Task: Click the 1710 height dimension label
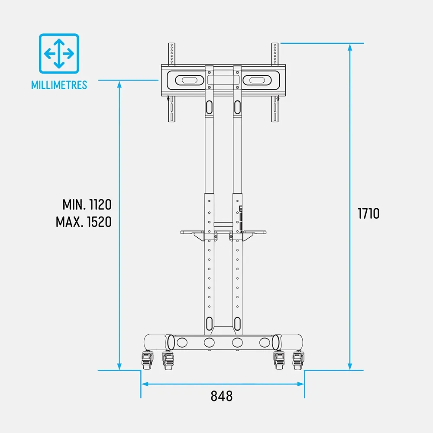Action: point(368,213)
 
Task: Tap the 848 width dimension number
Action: point(221,396)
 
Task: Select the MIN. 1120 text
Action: point(87,205)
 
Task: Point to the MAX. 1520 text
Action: point(84,222)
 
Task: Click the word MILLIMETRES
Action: point(59,85)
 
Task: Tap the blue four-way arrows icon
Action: point(59,54)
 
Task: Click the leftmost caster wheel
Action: point(147,360)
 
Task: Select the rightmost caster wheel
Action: point(298,360)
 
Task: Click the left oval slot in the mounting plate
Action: point(190,80)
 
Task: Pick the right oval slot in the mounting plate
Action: point(257,80)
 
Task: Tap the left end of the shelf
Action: point(181,232)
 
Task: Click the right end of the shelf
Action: point(265,232)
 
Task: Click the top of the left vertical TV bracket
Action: point(171,43)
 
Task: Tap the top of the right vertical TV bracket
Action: point(275,43)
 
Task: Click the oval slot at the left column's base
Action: point(209,323)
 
